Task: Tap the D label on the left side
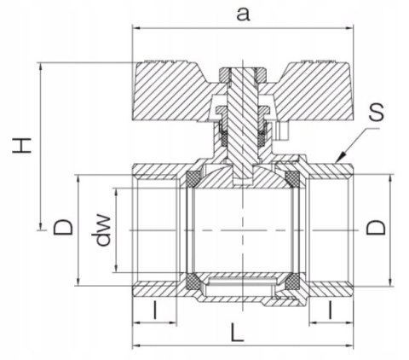pos(61,228)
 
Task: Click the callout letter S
pos(377,113)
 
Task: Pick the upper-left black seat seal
pos(193,178)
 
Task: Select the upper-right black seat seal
pos(293,178)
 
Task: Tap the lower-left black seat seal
pos(193,282)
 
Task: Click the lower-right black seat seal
pos(293,282)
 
